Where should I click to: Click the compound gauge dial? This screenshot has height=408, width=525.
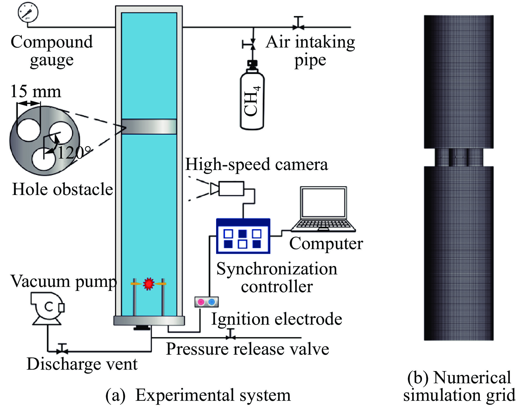(28, 12)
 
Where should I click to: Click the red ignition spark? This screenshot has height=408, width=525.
(149, 284)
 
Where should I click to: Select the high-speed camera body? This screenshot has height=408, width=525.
(231, 189)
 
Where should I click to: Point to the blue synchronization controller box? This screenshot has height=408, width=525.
(243, 236)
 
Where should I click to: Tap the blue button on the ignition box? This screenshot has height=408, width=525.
(212, 302)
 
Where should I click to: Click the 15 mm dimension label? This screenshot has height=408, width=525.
(36, 91)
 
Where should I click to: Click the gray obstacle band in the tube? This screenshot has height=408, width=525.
(149, 127)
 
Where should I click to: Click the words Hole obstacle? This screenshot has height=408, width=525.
(62, 189)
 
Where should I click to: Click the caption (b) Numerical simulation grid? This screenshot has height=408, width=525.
(459, 386)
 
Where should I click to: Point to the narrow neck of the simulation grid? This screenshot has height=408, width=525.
(459, 157)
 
